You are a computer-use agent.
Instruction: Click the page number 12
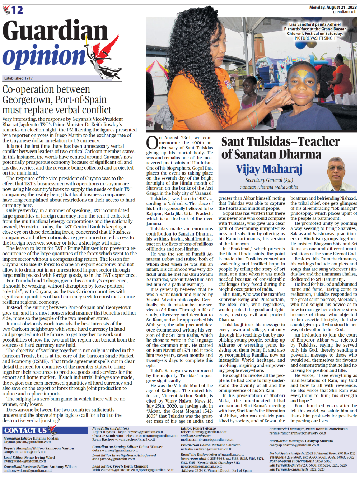click(17, 10)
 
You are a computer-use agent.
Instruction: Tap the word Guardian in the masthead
click(55, 31)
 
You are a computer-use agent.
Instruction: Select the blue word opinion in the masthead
click(45, 56)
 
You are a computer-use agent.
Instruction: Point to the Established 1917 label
click(18, 78)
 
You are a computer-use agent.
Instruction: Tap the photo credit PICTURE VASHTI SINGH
click(315, 38)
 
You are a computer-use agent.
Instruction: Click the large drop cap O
click(152, 143)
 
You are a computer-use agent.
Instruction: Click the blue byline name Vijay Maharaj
click(269, 169)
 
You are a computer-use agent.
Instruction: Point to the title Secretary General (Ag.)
click(269, 180)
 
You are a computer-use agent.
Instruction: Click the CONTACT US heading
click(25, 430)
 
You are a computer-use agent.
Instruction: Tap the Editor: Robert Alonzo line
click(198, 428)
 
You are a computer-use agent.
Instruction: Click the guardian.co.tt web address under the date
click(345, 12)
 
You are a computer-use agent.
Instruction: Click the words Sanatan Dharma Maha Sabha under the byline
click(269, 187)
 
